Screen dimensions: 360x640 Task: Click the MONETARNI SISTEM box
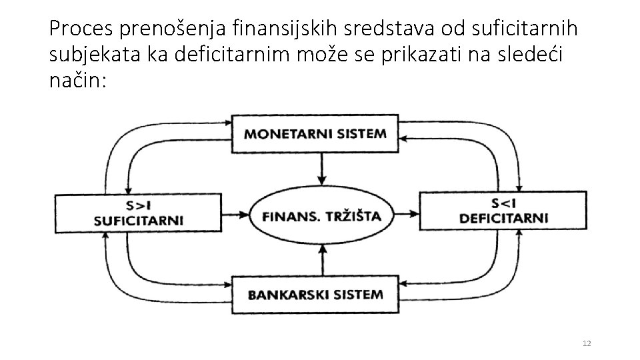coord(315,133)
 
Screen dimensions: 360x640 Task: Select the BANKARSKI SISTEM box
coord(315,294)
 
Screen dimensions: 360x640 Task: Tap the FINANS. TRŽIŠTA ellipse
coord(322,215)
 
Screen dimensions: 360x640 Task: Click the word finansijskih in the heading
coord(271,29)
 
